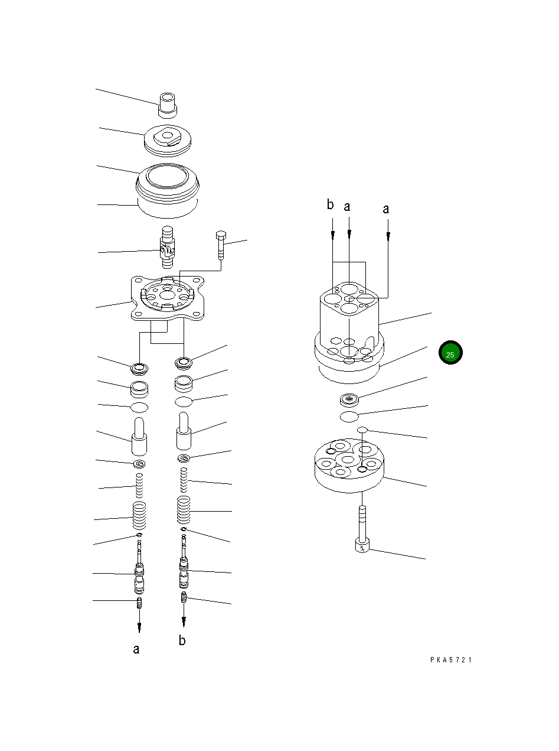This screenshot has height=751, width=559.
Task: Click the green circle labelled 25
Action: point(450,353)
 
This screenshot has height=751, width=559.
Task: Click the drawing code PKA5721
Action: point(451,660)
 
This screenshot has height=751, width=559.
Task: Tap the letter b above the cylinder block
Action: point(331,205)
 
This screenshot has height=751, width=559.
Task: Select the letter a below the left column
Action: point(136,649)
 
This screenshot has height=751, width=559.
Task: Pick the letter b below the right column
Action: point(182,641)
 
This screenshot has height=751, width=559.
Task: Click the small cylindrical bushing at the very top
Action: point(167,105)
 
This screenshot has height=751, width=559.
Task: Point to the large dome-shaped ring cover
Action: point(166,188)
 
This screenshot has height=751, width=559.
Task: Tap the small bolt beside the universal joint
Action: point(221,243)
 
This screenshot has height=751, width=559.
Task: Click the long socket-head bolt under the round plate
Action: point(362,528)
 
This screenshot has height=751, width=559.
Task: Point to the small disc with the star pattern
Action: point(351,400)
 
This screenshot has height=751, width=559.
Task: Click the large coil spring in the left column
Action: point(139,516)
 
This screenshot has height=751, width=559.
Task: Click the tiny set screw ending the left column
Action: point(139,603)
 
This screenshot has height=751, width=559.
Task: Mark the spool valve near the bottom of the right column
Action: point(184,570)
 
